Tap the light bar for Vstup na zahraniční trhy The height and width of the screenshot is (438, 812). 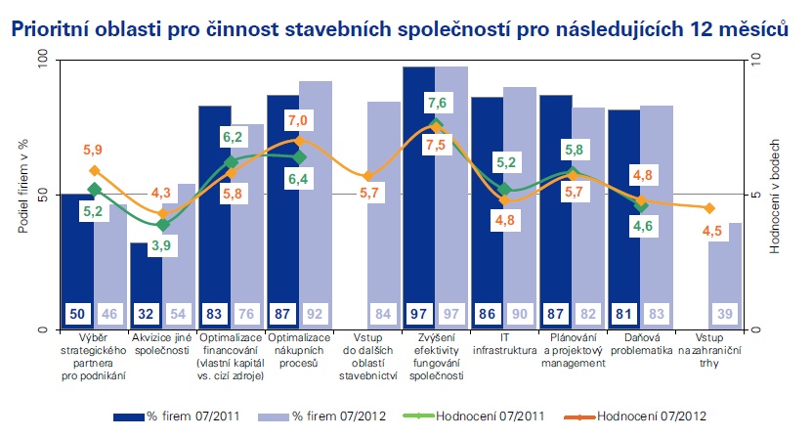(x=725, y=284)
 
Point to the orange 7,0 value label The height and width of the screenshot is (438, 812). (x=298, y=120)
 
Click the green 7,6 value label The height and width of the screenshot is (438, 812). (x=437, y=103)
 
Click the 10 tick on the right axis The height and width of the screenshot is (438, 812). (x=754, y=61)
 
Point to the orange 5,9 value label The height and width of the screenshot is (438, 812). (x=92, y=150)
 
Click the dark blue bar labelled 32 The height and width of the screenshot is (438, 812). (x=146, y=279)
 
